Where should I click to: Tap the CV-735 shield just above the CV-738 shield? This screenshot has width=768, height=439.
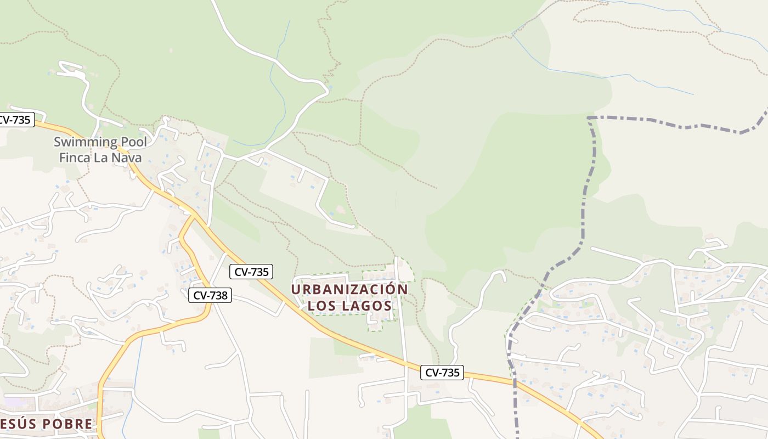(252, 271)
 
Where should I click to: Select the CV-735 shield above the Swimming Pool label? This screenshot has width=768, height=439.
(14, 120)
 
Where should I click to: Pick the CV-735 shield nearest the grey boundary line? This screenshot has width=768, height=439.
(443, 373)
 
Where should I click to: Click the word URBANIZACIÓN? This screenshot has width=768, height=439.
(349, 289)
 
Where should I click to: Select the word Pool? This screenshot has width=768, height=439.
(133, 142)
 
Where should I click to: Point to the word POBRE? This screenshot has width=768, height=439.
(64, 424)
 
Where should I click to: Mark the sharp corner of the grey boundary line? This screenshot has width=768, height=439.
(589, 117)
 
